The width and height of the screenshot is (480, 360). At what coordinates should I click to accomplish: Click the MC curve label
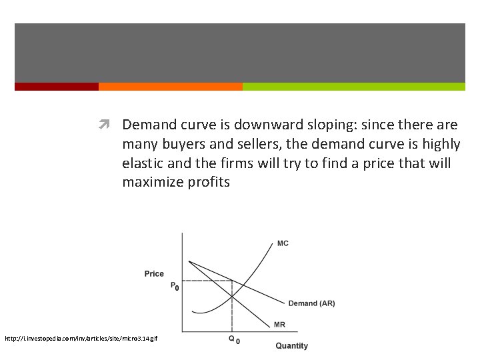pyautogui.click(x=283, y=243)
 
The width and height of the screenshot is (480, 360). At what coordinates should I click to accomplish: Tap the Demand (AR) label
pyautogui.click(x=311, y=303)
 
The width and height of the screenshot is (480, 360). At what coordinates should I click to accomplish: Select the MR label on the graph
pyautogui.click(x=280, y=325)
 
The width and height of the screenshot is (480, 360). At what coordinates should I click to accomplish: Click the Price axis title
pyautogui.click(x=154, y=274)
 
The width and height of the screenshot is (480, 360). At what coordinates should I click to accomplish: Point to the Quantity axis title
pyautogui.click(x=292, y=346)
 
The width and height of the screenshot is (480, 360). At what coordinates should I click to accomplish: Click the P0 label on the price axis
pyautogui.click(x=175, y=287)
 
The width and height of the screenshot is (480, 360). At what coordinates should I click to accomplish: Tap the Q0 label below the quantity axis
pyautogui.click(x=234, y=339)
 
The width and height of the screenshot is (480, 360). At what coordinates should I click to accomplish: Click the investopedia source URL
pyautogui.click(x=81, y=339)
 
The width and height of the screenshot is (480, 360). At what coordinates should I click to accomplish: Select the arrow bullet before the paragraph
pyautogui.click(x=105, y=125)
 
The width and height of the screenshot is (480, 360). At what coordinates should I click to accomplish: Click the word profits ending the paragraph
pyautogui.click(x=209, y=183)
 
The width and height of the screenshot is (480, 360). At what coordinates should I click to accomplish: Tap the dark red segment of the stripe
pyautogui.click(x=56, y=87)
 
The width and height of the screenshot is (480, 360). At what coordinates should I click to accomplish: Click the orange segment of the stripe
pyautogui.click(x=170, y=87)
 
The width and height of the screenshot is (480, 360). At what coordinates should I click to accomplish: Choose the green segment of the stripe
pyautogui.click(x=353, y=87)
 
